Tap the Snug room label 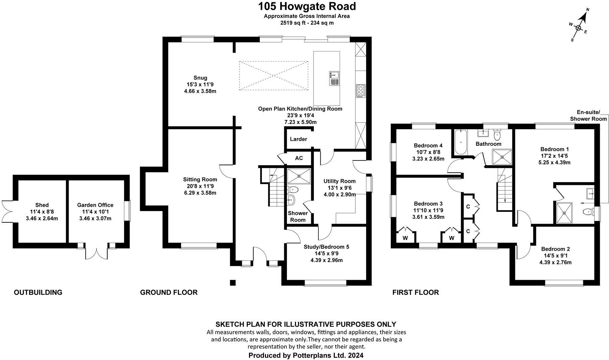tap(200, 78)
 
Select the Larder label tap(298, 139)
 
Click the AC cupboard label tap(299, 158)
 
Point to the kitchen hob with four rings tap(361, 91)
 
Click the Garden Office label tap(95, 205)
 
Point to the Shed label tap(42, 205)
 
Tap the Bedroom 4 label tap(428, 145)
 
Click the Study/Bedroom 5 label tap(326, 247)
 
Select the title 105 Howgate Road tap(307, 6)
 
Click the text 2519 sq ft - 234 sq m tap(307, 23)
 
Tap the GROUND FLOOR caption tap(169, 292)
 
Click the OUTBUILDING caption tap(38, 292)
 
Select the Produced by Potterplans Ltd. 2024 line tap(306, 355)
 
